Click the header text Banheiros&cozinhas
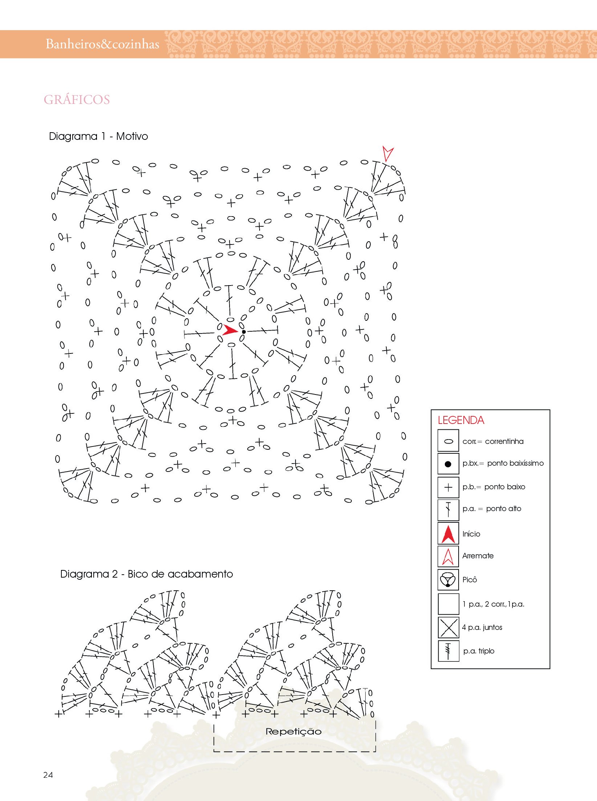tap(102, 44)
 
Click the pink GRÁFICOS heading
tap(77, 100)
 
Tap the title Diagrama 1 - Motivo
tap(98, 137)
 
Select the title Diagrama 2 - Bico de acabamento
tap(146, 574)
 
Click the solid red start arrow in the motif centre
tap(229, 330)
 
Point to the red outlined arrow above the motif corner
tap(387, 153)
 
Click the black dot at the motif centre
tap(244, 332)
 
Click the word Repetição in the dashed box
tap(293, 731)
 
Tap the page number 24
tap(48, 775)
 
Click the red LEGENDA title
tap(461, 420)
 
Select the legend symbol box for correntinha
tap(448, 441)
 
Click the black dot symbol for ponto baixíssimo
tap(448, 464)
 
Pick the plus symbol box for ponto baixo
tap(448, 487)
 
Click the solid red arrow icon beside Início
tap(448, 534)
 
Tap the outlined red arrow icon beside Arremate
tap(448, 556)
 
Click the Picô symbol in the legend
tap(448, 579)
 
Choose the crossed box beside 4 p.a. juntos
tap(448, 627)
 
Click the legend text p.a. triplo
tap(479, 651)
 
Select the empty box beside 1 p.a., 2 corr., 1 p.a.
tap(448, 604)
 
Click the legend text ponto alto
tap(503, 509)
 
